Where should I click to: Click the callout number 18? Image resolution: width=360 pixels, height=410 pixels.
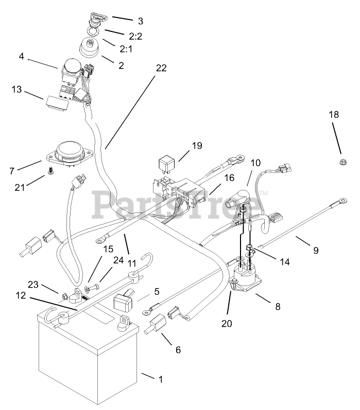tap(334, 115)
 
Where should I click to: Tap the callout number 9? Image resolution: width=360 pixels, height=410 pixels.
tap(315, 251)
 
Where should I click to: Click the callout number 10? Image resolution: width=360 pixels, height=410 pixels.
tap(256, 163)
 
